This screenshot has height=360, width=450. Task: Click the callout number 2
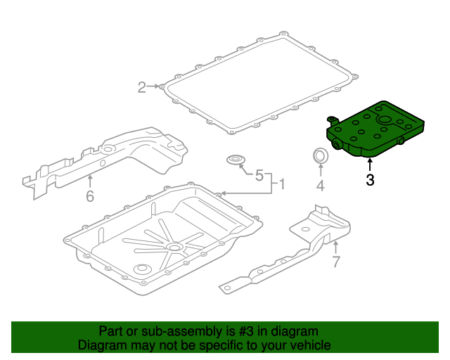(x=141, y=87)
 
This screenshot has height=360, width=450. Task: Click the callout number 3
(x=370, y=179)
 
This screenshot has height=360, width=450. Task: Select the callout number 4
(x=320, y=186)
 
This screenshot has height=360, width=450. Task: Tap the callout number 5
(x=258, y=175)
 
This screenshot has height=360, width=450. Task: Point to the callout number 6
(x=89, y=196)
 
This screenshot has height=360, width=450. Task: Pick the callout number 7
(x=335, y=262)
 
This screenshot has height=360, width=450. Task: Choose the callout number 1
(x=281, y=185)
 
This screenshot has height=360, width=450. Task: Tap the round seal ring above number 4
(x=320, y=155)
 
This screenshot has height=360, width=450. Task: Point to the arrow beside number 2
(x=153, y=86)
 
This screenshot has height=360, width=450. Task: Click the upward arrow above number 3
(x=370, y=165)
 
